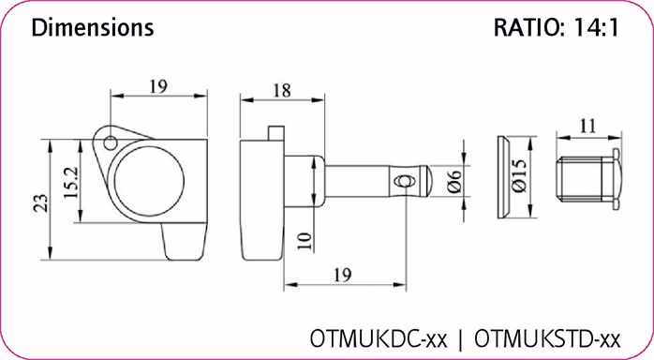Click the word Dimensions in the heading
92,28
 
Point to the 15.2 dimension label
71,179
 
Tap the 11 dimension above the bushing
587,124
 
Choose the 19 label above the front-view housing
157,86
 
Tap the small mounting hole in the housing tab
111,143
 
